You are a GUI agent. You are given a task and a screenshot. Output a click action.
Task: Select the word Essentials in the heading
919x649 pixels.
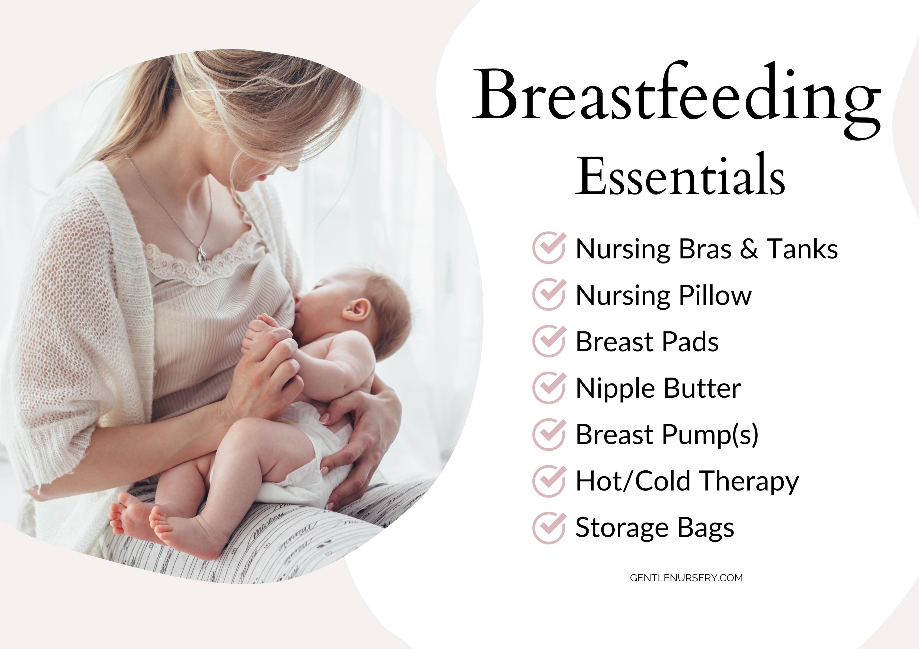coord(680,175)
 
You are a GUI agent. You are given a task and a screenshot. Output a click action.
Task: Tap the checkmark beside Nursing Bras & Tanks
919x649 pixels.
coord(549,248)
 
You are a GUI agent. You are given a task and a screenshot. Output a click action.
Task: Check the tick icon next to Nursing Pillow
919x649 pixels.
coord(549,294)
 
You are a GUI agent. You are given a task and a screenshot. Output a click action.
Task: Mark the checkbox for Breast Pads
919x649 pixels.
coord(549,341)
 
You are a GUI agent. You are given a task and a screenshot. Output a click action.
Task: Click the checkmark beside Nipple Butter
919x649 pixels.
coord(549,387)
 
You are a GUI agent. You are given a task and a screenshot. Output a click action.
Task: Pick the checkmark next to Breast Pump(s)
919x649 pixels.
coord(549,434)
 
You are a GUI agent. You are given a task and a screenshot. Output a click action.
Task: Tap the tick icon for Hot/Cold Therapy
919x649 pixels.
coord(549,481)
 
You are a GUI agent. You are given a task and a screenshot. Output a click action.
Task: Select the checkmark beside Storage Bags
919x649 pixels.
coord(549,527)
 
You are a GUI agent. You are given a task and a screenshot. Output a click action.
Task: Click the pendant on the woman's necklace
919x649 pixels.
coord(202,254)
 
